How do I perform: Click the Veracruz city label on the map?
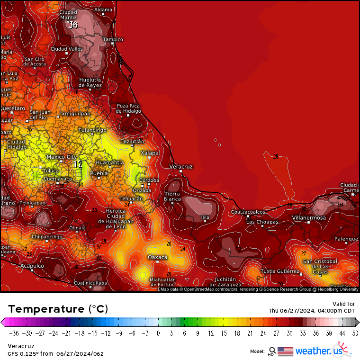(181, 167)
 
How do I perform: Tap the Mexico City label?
(62, 157)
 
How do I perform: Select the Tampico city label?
(113, 39)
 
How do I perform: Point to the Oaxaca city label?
(158, 257)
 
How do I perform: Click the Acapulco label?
(32, 266)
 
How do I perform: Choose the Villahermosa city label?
(309, 217)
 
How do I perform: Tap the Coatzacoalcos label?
(248, 212)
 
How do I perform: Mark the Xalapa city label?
(150, 153)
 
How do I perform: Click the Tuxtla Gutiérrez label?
(280, 271)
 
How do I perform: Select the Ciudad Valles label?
(66, 49)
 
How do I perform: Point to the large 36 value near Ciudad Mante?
(73, 25)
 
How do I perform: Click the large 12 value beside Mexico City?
(78, 164)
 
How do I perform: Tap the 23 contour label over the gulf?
(276, 156)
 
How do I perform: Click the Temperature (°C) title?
(58, 309)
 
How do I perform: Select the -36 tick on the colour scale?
(14, 333)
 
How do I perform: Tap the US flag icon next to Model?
(285, 351)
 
